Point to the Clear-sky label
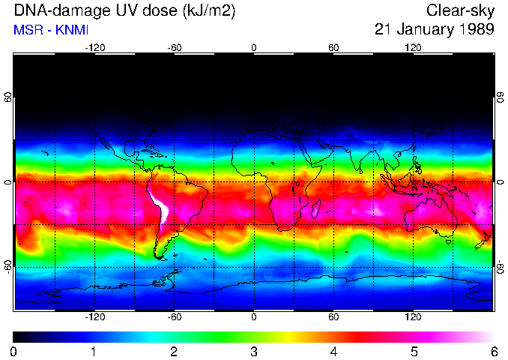[x=460, y=11]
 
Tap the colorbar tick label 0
[x=13, y=351]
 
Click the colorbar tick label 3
[x=253, y=351]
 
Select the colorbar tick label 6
[x=493, y=351]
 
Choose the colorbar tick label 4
[x=333, y=351]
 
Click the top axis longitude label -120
[x=94, y=47]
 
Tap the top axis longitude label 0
[x=253, y=47]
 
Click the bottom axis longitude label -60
[x=174, y=317]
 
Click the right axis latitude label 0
[x=499, y=182]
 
